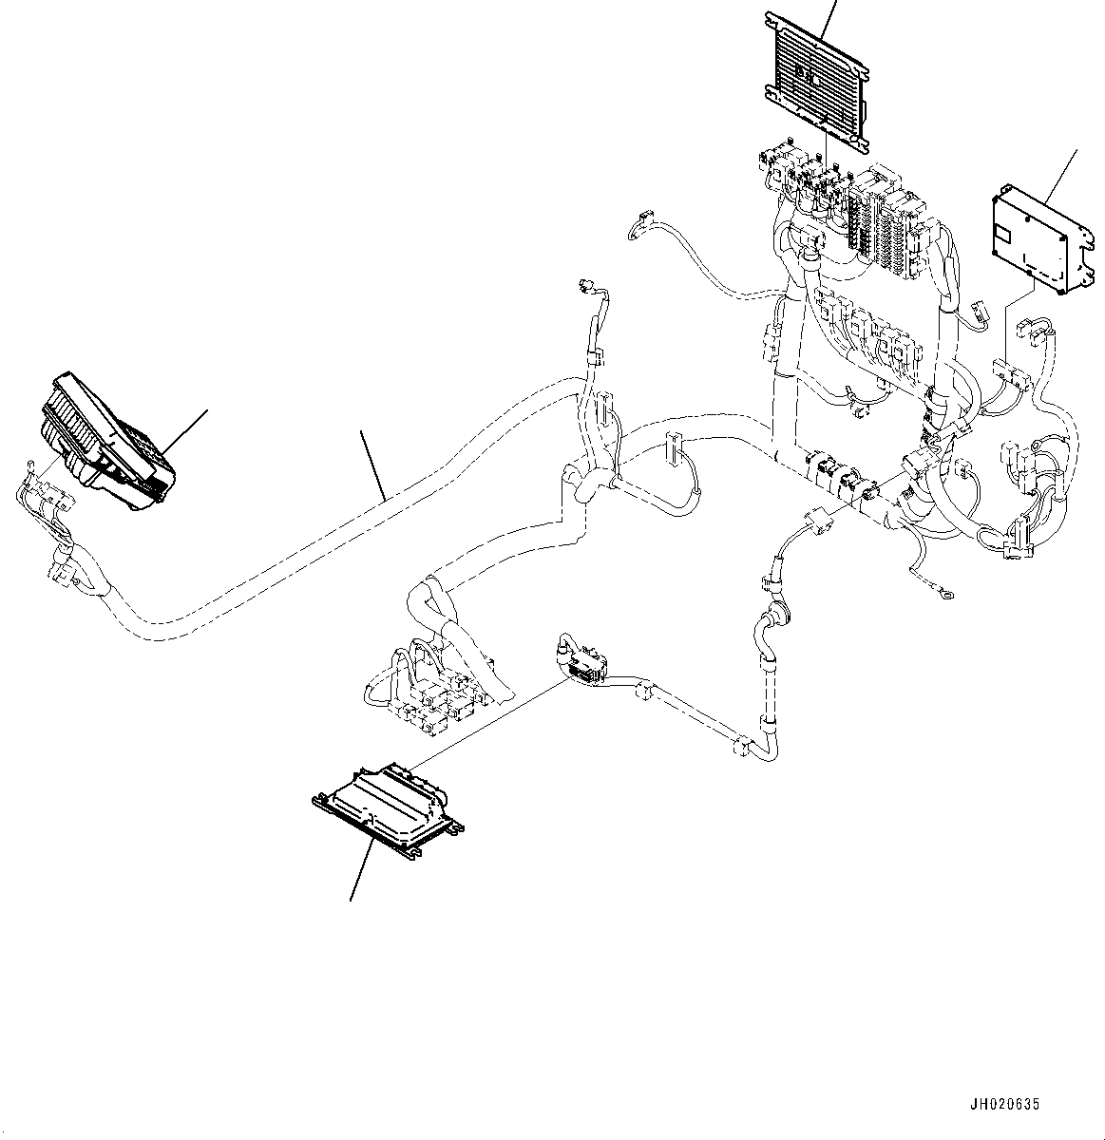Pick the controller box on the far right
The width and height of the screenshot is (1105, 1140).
[x=1037, y=238]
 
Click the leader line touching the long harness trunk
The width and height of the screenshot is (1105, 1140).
[x=372, y=465]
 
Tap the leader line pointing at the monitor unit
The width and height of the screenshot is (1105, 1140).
[x=187, y=429]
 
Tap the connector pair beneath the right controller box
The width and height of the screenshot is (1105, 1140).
[x=1011, y=373]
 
